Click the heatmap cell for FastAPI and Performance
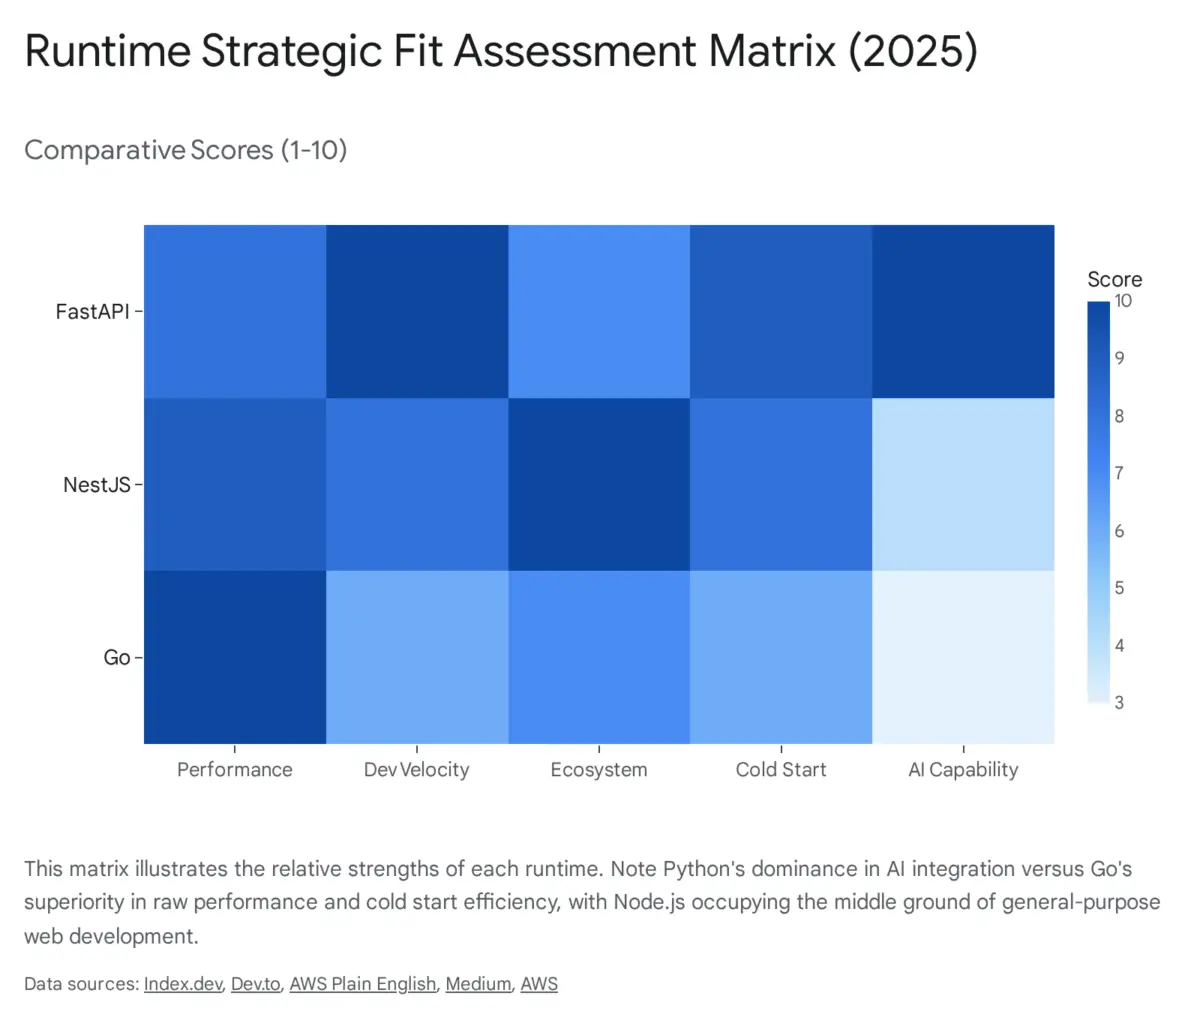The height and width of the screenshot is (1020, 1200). (x=235, y=311)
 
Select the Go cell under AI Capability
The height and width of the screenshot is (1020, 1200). (x=963, y=657)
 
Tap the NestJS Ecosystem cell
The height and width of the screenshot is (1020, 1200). (x=599, y=484)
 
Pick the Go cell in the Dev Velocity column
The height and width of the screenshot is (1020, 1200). (x=417, y=657)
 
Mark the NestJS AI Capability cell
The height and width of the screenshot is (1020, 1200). (x=963, y=484)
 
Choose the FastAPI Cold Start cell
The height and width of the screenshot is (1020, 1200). (x=781, y=311)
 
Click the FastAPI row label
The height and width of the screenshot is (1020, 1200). (x=92, y=312)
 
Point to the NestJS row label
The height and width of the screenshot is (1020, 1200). (x=96, y=485)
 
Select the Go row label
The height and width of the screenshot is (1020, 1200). (x=116, y=658)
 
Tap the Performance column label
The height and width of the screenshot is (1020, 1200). (x=235, y=770)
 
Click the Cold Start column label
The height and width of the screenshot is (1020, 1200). (x=781, y=770)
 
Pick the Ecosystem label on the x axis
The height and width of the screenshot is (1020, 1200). (x=599, y=770)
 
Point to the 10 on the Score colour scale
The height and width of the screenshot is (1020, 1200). (x=1123, y=301)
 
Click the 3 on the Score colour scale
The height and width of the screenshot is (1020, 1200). (x=1119, y=703)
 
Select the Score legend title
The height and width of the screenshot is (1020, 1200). (x=1114, y=280)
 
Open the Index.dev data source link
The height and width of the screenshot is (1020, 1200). (x=183, y=984)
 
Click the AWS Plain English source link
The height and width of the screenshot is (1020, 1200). (x=363, y=984)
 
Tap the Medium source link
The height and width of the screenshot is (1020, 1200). (x=478, y=984)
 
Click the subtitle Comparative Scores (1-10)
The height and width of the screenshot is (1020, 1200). (x=186, y=150)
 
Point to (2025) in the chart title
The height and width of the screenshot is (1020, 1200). (x=913, y=50)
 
